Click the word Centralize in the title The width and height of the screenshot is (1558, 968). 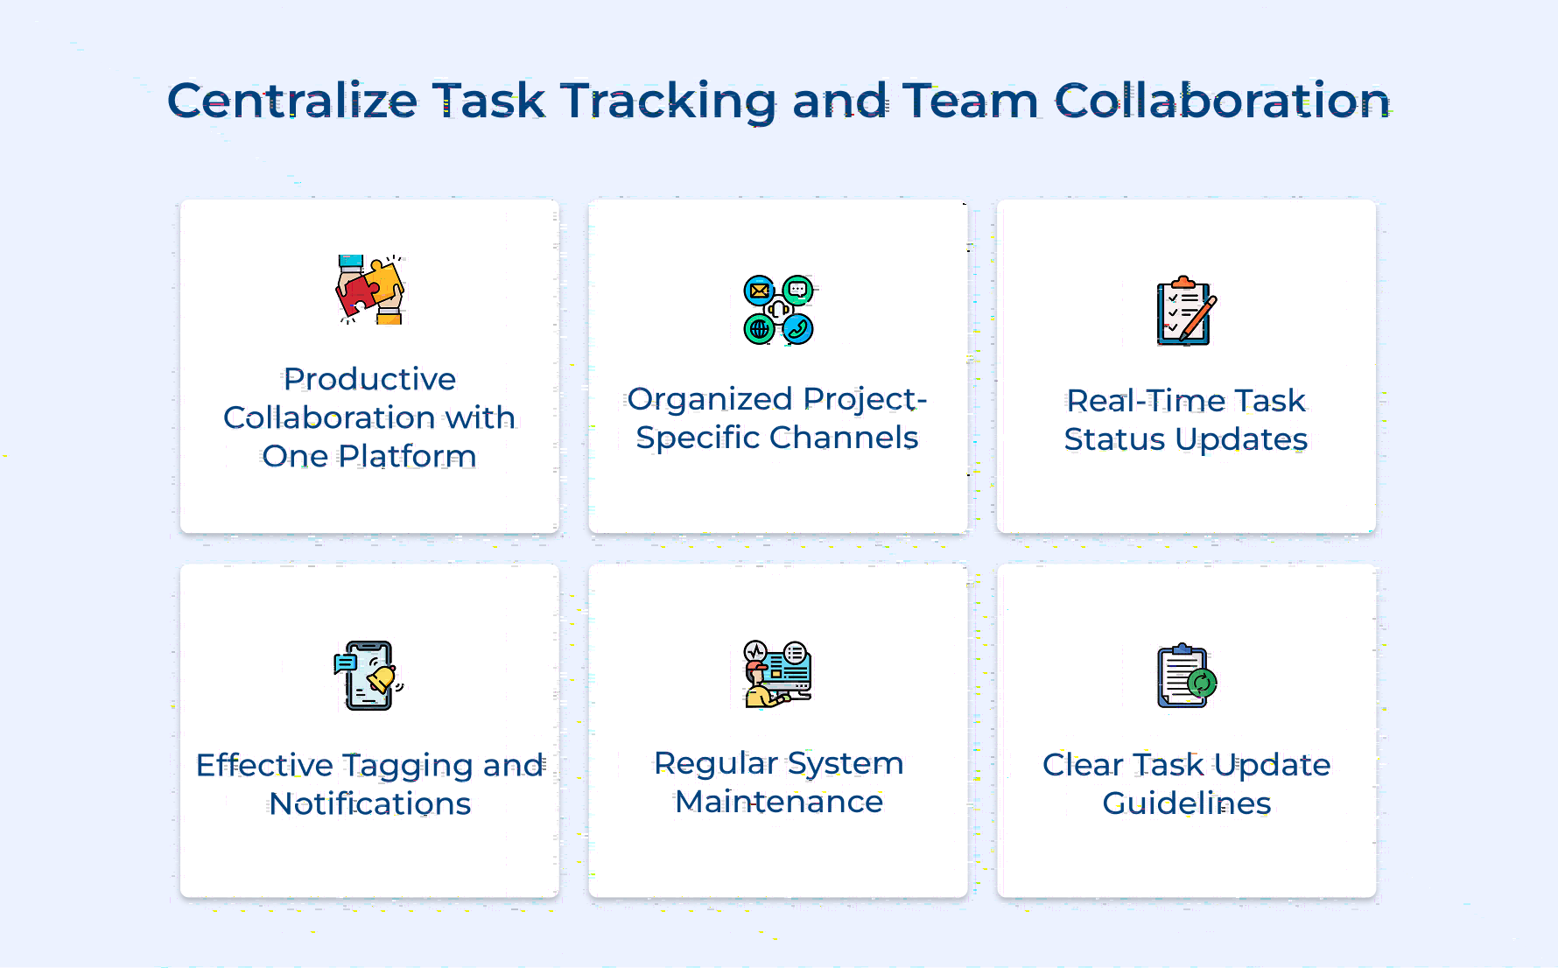pos(292,101)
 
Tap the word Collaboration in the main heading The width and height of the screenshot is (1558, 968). pos(1222,101)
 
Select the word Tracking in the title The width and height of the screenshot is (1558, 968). pos(668,102)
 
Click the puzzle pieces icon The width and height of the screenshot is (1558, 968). pos(369,290)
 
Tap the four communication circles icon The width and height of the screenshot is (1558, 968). pos(778,309)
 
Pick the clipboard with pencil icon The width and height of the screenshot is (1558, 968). pos(1186,311)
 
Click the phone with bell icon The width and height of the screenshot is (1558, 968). pos(368,675)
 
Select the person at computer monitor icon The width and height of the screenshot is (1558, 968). pos(778,673)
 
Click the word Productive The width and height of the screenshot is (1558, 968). pos(369,379)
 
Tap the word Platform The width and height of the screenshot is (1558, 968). pos(407,456)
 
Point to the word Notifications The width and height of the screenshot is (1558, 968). pos(369,803)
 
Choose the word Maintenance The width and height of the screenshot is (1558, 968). pos(778,802)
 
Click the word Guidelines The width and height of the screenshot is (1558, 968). pos(1186,803)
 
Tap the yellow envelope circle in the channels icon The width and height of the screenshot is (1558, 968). pos(759,290)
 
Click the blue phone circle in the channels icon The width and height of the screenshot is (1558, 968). pos(798,329)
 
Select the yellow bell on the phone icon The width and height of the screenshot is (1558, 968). pos(382,678)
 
